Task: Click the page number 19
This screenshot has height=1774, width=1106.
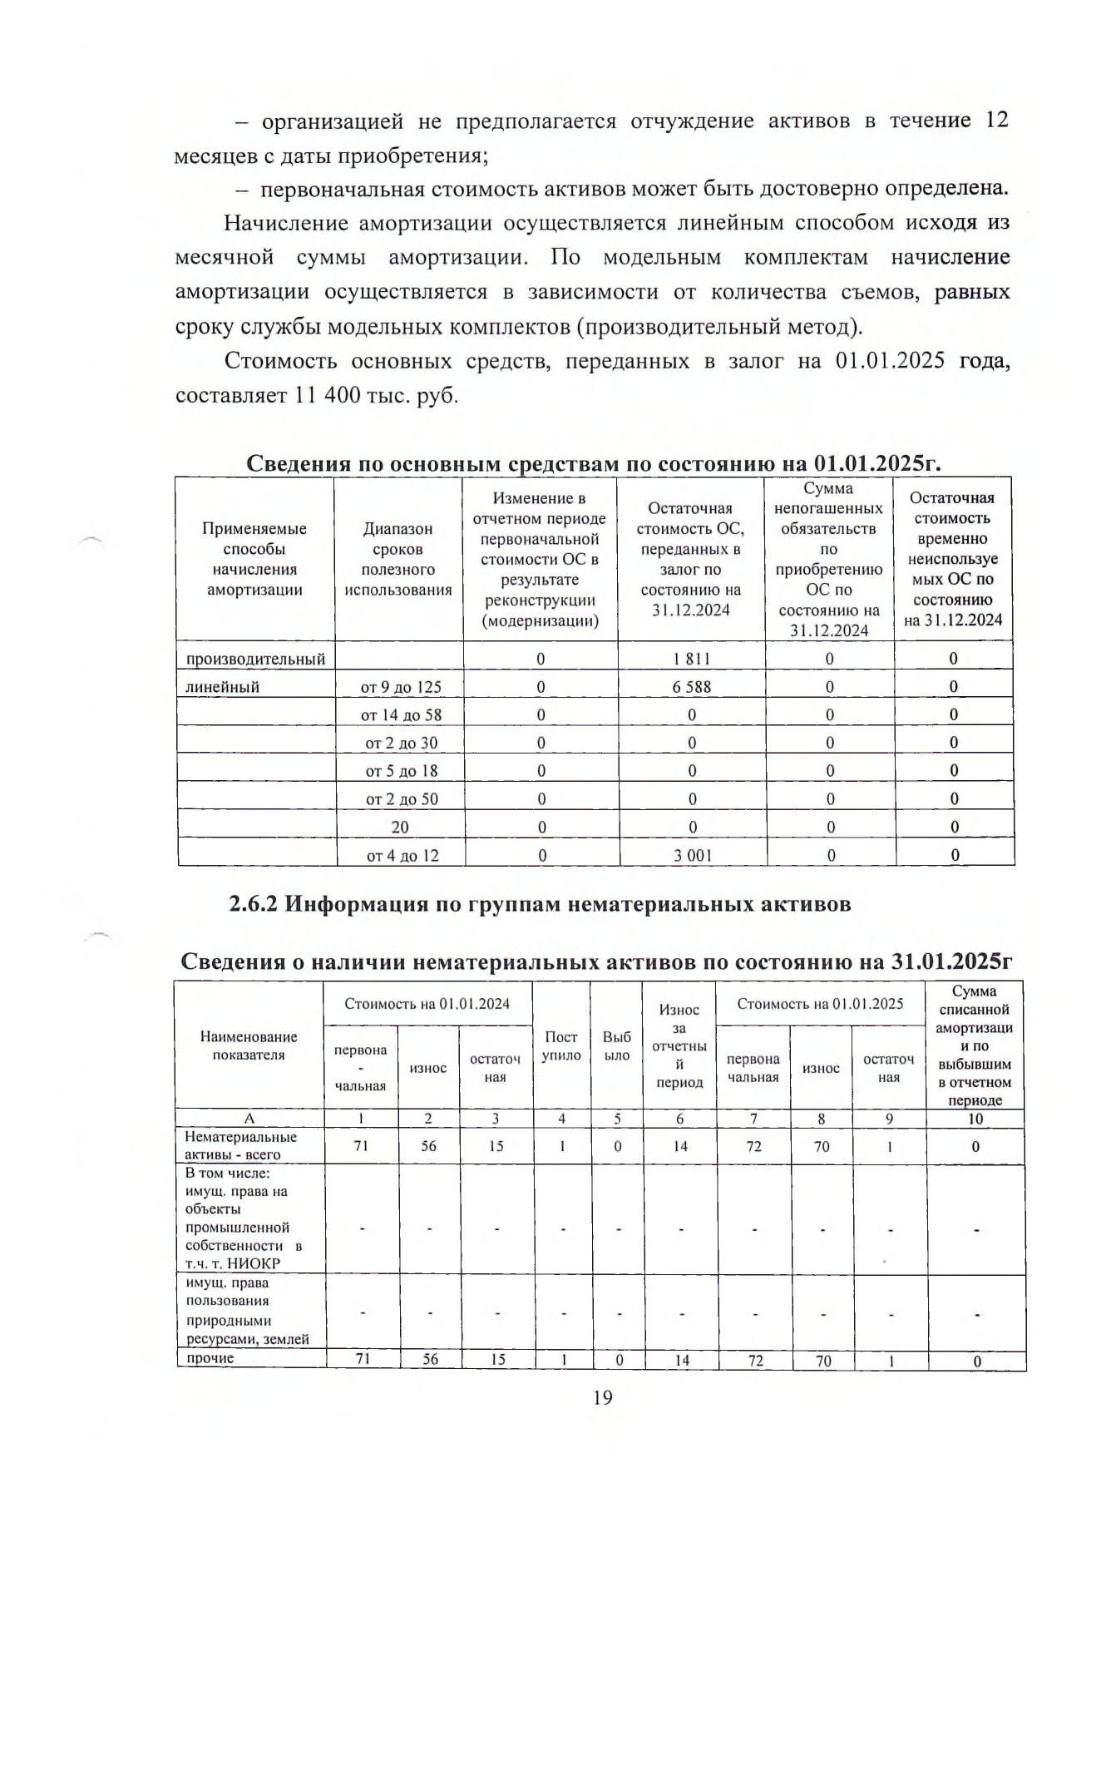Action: [x=603, y=1397]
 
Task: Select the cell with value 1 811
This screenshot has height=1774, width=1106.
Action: [x=692, y=659]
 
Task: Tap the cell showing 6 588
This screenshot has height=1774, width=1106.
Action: [x=692, y=687]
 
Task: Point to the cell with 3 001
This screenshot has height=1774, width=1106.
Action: [x=693, y=855]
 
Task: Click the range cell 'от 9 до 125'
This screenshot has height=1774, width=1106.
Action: [x=401, y=687]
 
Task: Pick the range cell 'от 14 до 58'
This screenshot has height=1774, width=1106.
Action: [x=401, y=715]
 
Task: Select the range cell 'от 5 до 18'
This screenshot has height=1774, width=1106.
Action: [x=401, y=771]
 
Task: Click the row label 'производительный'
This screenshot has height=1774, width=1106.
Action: [x=254, y=659]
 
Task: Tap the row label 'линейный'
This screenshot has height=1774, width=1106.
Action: [x=222, y=687]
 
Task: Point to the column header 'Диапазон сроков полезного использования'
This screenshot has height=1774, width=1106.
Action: [x=398, y=559]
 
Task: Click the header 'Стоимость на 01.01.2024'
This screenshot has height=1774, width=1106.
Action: [x=427, y=1004]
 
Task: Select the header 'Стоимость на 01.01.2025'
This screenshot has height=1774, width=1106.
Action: [x=820, y=1004]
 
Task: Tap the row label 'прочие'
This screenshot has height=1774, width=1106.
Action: [x=210, y=1358]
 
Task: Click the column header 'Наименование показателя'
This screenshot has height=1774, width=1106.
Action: [x=249, y=1045]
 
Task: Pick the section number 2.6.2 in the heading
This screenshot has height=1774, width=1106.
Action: [x=253, y=904]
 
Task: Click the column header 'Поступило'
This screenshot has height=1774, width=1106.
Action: [x=561, y=1045]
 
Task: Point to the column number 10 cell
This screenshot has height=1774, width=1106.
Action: [x=975, y=1119]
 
